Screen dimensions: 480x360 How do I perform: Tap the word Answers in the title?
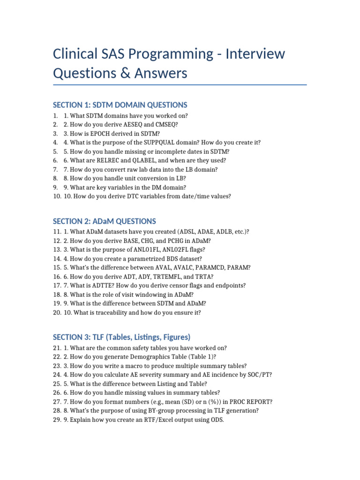click(x=160, y=73)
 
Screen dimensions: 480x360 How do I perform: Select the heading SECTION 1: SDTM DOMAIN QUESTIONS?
click(x=120, y=105)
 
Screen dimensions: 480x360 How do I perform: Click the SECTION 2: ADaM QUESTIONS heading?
click(x=105, y=221)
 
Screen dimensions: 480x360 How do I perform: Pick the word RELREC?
click(x=104, y=160)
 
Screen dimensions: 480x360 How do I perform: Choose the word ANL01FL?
click(x=137, y=249)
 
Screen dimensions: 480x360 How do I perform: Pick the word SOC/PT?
click(x=260, y=375)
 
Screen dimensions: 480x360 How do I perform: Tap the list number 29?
click(x=57, y=420)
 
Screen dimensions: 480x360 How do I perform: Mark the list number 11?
click(x=57, y=232)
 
